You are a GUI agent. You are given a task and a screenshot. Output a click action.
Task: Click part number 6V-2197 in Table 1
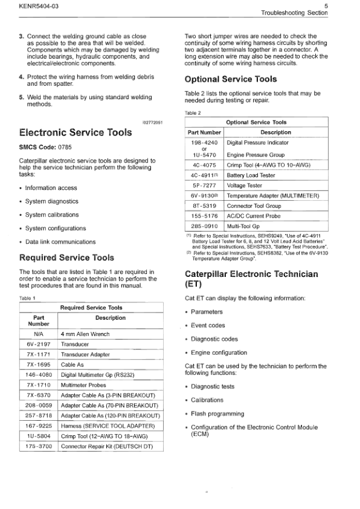coord(38,344)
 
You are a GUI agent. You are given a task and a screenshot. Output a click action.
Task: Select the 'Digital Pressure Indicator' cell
coord(257,143)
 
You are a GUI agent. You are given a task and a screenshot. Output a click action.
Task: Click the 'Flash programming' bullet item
coord(218,413)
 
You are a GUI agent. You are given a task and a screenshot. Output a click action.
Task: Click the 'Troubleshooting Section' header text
coord(294,13)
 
